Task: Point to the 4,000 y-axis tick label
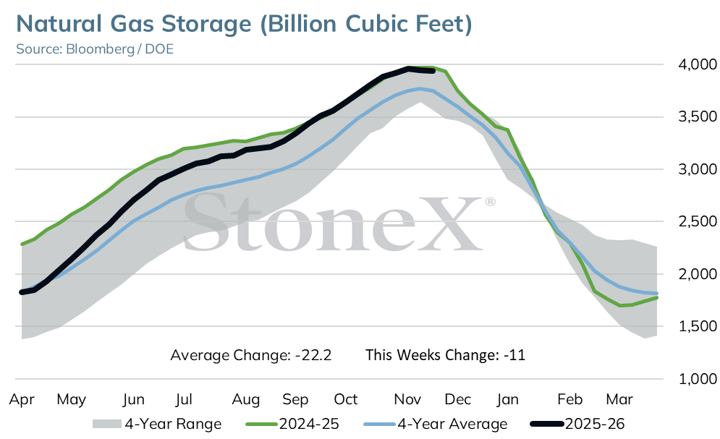click(x=697, y=64)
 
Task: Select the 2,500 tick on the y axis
click(x=697, y=221)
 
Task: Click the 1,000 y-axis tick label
click(x=697, y=379)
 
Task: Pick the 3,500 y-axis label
click(x=697, y=116)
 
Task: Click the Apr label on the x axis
click(x=22, y=399)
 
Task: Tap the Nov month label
click(x=407, y=399)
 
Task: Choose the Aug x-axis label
click(x=245, y=399)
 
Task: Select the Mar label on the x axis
click(x=619, y=399)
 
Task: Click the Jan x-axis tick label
click(x=507, y=399)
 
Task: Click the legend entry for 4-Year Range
click(x=157, y=424)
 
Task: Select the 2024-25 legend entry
click(x=292, y=424)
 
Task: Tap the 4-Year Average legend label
click(x=436, y=424)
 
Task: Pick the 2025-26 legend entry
click(x=577, y=424)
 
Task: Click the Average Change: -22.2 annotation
click(x=250, y=355)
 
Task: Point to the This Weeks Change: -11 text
click(x=446, y=355)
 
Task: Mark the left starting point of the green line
click(x=22, y=244)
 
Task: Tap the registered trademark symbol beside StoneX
click(x=490, y=202)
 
